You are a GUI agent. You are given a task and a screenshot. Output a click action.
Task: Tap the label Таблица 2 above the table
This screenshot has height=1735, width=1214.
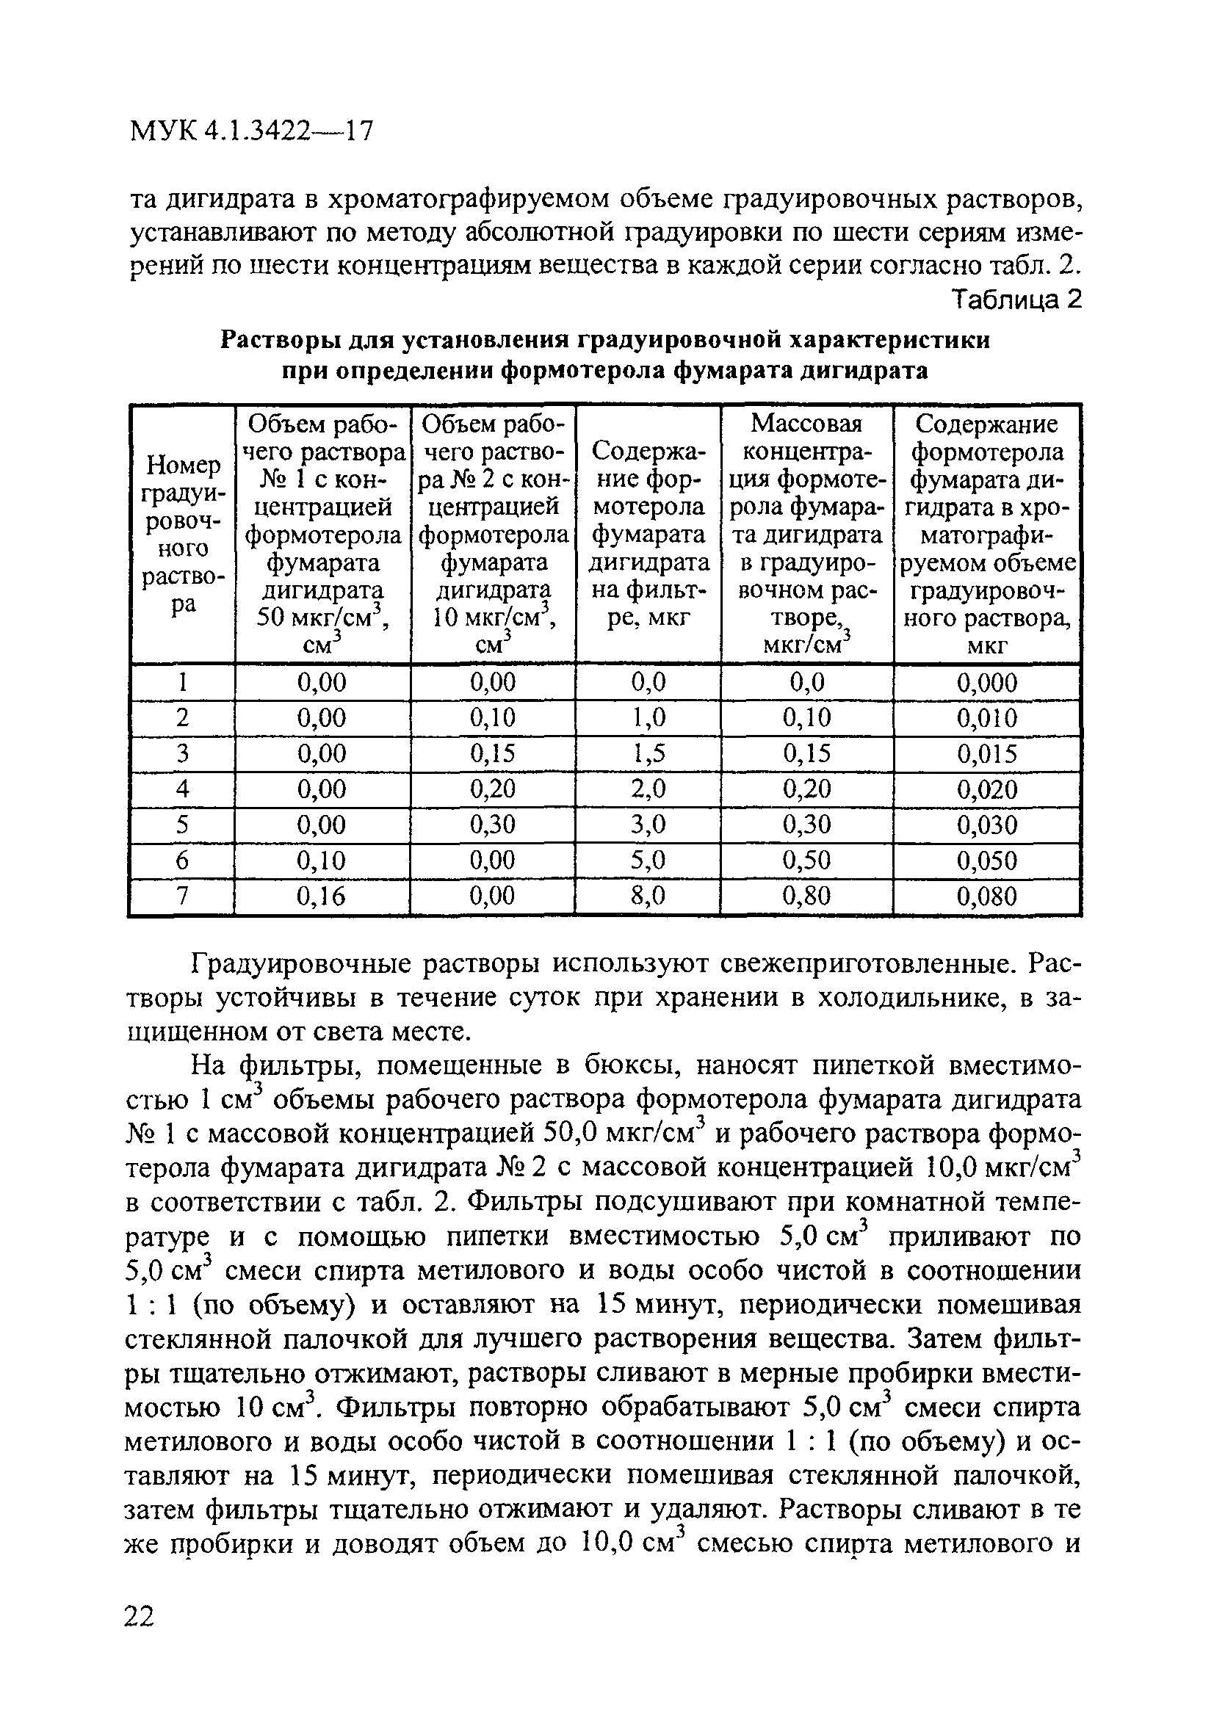[1016, 300]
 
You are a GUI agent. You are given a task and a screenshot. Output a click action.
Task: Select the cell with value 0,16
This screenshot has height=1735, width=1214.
[321, 897]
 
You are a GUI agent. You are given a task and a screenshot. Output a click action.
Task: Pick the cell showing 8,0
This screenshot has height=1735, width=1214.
[648, 897]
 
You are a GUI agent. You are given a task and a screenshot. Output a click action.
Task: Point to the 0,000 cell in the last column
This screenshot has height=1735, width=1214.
[986, 683]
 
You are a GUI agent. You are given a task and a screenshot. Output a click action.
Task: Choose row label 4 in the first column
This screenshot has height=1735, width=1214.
[181, 789]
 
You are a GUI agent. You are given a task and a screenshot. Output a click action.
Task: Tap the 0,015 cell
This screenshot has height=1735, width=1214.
[986, 754]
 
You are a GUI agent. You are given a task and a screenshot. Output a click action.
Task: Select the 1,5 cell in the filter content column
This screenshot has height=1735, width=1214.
[648, 753]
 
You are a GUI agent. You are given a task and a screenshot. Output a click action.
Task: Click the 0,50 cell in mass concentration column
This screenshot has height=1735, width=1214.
[806, 861]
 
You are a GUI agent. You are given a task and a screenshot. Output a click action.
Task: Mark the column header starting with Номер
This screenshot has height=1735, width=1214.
[182, 466]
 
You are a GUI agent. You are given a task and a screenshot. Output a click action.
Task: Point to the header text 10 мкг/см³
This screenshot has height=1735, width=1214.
[492, 618]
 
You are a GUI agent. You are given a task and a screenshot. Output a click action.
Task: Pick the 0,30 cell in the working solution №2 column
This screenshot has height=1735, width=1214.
[492, 825]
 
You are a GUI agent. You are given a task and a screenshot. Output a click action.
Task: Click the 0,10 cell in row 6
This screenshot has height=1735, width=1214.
[321, 861]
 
